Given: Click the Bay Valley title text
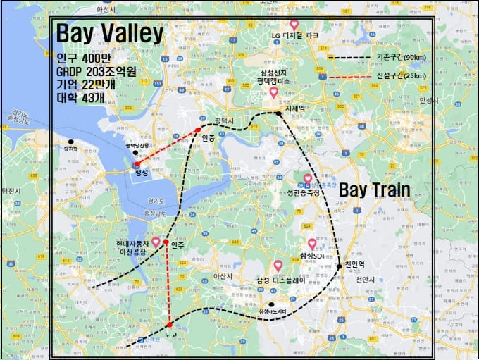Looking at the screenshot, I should point(109,33).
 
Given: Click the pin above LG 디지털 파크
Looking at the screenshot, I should point(294,25).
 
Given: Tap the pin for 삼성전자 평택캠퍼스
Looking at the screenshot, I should point(274,92).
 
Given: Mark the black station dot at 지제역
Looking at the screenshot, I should point(279,113).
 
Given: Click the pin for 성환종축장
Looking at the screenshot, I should point(307,179).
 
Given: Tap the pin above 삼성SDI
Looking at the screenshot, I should point(311,244).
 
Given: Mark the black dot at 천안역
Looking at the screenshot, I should point(339,266).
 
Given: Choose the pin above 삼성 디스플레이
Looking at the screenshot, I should point(278,266).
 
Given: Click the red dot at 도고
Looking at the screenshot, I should point(170,324).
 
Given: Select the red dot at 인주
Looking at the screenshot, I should point(166,242).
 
